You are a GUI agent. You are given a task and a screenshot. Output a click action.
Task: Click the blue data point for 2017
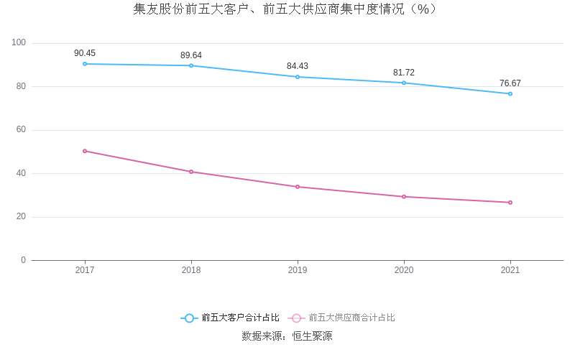pos(85,64)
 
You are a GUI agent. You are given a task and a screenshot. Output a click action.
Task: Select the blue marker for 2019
pos(298,77)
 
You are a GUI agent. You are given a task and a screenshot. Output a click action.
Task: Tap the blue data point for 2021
pos(510,93)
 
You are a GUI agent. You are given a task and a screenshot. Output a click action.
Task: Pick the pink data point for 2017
pos(85,151)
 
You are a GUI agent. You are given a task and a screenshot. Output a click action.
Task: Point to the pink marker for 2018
pos(191,172)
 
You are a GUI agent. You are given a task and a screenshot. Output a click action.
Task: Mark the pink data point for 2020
pos(404,196)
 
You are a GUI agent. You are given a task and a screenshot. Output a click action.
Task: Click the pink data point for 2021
pos(510,202)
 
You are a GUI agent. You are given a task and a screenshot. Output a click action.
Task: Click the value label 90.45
pos(85,53)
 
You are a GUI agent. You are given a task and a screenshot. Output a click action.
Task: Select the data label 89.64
pos(191,55)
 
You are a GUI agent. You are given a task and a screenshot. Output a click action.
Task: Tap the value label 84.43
pos(298,66)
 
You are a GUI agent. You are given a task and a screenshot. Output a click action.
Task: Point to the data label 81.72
pos(404,73)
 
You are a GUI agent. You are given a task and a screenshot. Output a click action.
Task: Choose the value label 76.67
pos(510,83)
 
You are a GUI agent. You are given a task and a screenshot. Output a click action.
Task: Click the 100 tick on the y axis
pos(19,43)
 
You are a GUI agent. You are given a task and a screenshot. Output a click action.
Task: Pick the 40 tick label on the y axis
pos(21,173)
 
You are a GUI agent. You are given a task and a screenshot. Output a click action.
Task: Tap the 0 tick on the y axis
pos(23,260)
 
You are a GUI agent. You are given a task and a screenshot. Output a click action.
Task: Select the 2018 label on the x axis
pos(191,270)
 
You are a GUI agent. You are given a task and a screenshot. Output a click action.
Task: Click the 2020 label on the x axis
pos(404,270)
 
